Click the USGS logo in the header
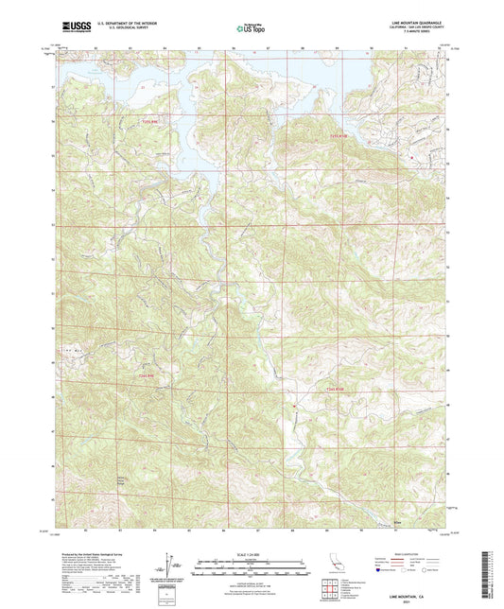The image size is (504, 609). tap(76, 28)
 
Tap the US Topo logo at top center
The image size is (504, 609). tap(251, 29)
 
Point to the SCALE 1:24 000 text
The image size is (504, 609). tap(252, 553)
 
